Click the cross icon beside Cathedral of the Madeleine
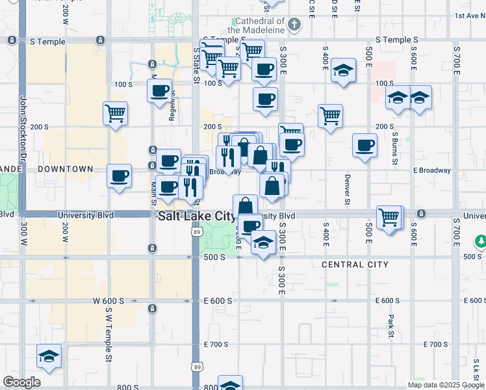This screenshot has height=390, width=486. click(294, 25)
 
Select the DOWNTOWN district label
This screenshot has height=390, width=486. click(65, 169)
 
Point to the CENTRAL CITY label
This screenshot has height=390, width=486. click(355, 265)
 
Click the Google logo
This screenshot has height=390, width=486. click(21, 382)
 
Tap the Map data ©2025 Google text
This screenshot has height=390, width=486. click(445, 385)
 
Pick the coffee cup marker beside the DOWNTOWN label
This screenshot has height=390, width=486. click(120, 175)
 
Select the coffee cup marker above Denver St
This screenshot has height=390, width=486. click(365, 145)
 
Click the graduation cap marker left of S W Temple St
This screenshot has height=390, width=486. click(49, 356)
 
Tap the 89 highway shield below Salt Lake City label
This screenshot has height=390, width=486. click(196, 231)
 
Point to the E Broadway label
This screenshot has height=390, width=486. click(431, 170)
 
